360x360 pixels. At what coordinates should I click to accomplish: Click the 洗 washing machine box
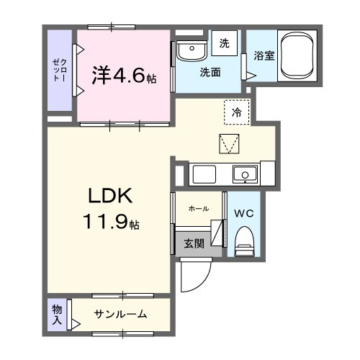pos(224,43)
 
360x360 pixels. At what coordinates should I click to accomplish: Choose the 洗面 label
pos(210,73)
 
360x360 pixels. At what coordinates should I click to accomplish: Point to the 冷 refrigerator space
pos(236,111)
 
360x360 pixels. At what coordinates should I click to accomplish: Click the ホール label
pos(198,209)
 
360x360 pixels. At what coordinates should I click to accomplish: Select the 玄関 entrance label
pos(193,243)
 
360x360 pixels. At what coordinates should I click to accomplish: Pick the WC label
pos(243,213)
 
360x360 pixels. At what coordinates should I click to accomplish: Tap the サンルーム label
pos(120,313)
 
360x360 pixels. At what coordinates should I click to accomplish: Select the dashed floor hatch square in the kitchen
pos(228,144)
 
